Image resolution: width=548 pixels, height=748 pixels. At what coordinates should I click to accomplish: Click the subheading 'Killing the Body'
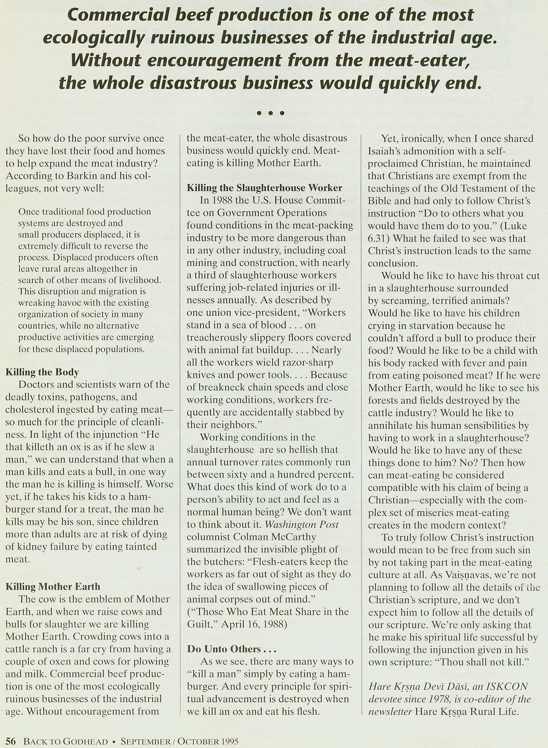[x=42, y=372]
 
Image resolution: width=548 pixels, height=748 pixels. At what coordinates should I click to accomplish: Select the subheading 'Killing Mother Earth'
[x=53, y=587]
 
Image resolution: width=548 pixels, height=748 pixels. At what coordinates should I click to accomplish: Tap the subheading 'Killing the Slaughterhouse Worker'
[x=264, y=187]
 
